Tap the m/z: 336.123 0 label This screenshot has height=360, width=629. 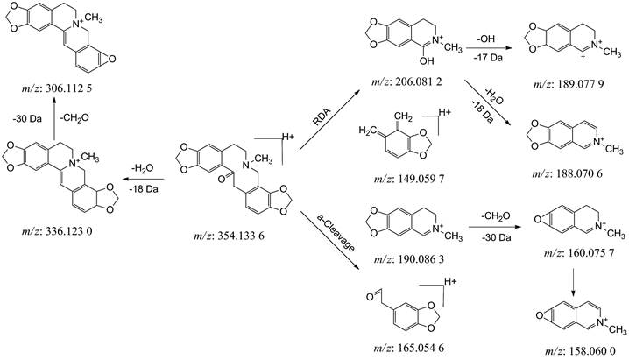(53, 232)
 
